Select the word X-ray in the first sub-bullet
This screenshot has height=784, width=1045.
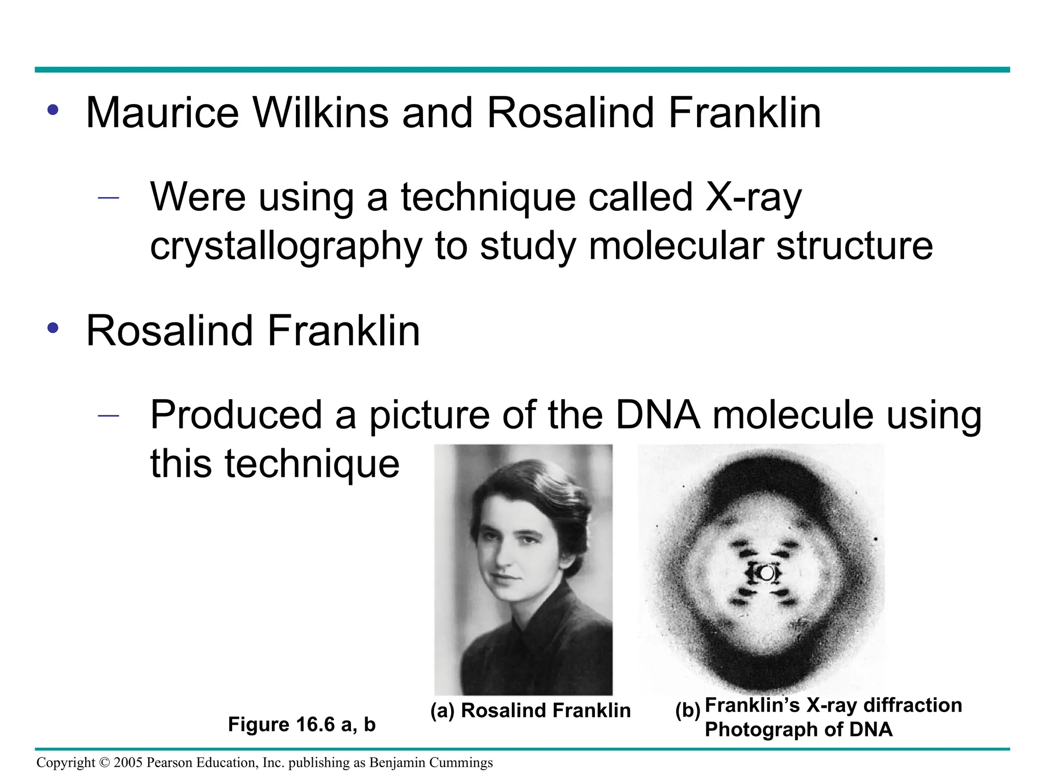(753, 198)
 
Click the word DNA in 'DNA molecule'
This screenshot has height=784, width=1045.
(657, 414)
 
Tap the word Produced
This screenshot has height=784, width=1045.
(236, 414)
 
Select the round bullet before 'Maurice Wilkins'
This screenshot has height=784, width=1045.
(53, 110)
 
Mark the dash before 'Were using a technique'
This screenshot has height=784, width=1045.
(108, 198)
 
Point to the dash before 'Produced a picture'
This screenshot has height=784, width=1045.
(108, 415)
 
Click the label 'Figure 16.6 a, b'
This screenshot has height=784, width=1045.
(302, 724)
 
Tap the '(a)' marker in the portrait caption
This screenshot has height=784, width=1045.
(442, 710)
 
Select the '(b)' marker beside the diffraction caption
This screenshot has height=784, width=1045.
(687, 710)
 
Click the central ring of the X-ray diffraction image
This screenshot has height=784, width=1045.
(766, 573)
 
